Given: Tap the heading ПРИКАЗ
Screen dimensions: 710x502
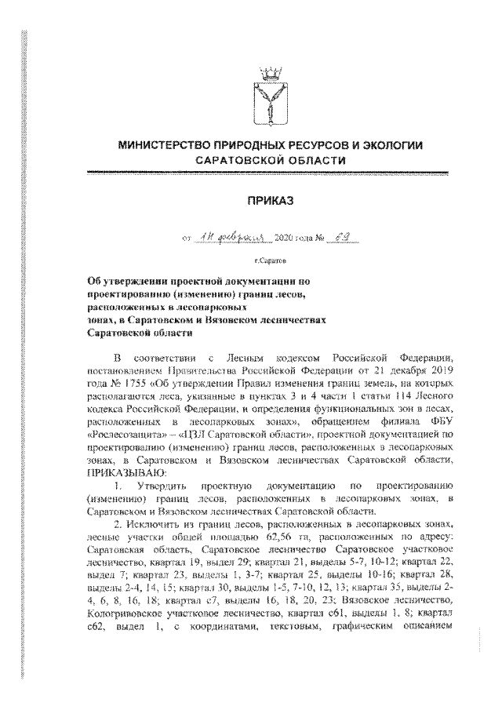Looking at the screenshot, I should click(270, 202).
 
